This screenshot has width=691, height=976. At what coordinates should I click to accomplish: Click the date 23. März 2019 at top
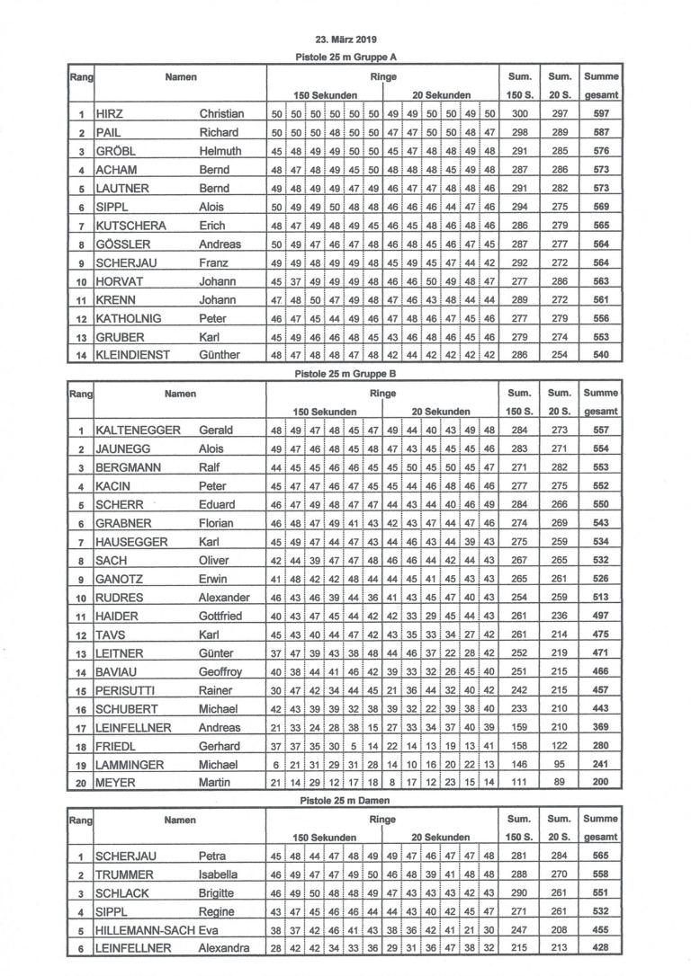click(346, 40)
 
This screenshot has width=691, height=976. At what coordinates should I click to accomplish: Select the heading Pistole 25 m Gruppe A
click(346, 57)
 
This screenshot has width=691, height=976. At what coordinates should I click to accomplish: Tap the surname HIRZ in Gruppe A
click(110, 114)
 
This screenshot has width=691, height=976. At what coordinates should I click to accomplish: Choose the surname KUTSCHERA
click(132, 226)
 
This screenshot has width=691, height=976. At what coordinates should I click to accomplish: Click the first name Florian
click(216, 523)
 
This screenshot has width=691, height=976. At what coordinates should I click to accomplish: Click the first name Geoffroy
click(220, 671)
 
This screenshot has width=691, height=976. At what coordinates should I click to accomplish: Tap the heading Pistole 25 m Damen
click(346, 801)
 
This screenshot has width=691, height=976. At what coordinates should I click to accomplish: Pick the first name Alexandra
click(224, 949)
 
